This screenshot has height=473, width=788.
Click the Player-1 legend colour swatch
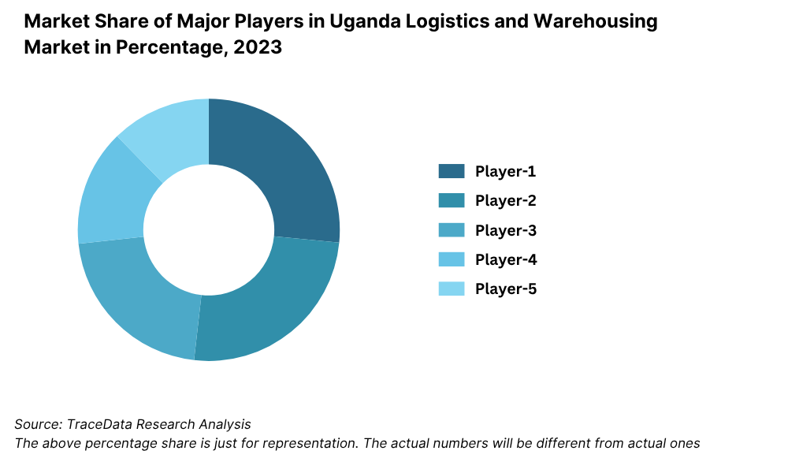click(452, 171)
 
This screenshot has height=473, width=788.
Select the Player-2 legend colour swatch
click(452, 200)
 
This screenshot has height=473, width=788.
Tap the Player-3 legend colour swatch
click(452, 230)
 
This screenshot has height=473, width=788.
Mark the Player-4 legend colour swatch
click(452, 259)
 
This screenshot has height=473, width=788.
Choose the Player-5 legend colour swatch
click(452, 289)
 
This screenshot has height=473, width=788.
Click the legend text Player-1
click(505, 171)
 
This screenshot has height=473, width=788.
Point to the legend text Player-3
click(505, 230)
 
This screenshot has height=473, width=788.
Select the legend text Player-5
click(505, 289)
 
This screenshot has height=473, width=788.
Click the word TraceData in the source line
click(99, 424)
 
